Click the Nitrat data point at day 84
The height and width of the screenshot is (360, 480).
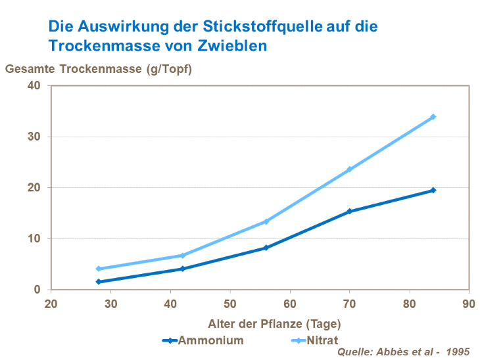click(433, 117)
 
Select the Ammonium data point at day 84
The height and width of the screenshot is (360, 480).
click(433, 191)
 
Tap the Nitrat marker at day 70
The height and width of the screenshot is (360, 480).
click(349, 169)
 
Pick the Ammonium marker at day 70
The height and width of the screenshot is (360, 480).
click(349, 212)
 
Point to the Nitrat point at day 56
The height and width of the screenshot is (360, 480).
click(266, 221)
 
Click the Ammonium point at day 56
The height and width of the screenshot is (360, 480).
click(266, 248)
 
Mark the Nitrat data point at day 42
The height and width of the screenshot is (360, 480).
click(183, 256)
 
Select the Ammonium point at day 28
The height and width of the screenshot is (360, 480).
click(99, 282)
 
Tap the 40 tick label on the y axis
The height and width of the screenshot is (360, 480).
click(34, 85)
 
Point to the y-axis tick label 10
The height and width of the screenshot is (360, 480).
click(34, 238)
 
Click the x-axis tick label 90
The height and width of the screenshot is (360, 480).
click(469, 304)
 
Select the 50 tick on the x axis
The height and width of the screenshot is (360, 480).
click(230, 304)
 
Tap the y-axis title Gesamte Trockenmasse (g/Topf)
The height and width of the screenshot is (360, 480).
click(99, 68)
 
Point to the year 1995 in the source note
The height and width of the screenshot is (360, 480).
click(458, 352)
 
